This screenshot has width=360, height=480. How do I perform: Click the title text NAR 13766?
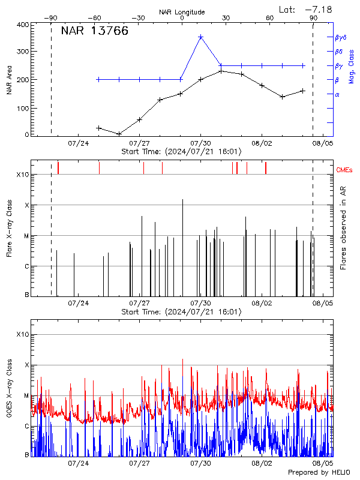tap(95, 32)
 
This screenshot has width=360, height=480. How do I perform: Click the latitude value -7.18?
tap(317, 9)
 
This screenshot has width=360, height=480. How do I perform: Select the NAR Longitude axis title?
tap(182, 12)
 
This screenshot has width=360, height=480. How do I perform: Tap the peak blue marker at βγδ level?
tap(201, 37)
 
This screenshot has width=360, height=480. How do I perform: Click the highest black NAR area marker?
tap(221, 71)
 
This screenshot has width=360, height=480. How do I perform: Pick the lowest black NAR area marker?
tap(119, 134)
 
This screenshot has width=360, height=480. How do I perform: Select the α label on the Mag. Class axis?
tap(337, 94)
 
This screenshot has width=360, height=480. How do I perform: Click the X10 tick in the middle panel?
tap(22, 175)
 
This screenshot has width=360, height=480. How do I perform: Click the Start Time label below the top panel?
tap(181, 152)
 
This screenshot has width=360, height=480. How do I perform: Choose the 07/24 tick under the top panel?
tap(79, 143)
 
